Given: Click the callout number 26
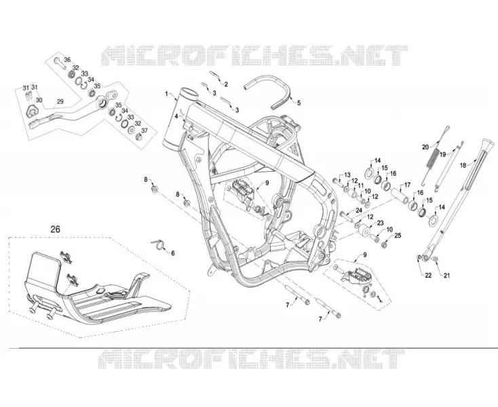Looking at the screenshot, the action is (55, 229).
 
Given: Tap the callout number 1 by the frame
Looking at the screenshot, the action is (166, 94).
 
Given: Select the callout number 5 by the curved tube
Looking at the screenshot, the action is (299, 102).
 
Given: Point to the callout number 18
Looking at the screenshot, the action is (463, 165).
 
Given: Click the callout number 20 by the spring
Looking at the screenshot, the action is (425, 147).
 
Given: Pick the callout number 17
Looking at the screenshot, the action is (407, 185).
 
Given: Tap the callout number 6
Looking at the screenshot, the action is (173, 253).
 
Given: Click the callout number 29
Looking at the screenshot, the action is (60, 102).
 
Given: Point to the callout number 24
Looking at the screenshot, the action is (359, 210).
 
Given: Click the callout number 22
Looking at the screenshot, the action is (428, 275).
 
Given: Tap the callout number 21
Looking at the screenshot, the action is (447, 275).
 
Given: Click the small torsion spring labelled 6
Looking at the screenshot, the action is (158, 244).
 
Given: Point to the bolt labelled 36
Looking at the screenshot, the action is (60, 63).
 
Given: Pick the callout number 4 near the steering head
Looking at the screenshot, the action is (176, 116).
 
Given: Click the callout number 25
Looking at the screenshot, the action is (398, 235).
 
